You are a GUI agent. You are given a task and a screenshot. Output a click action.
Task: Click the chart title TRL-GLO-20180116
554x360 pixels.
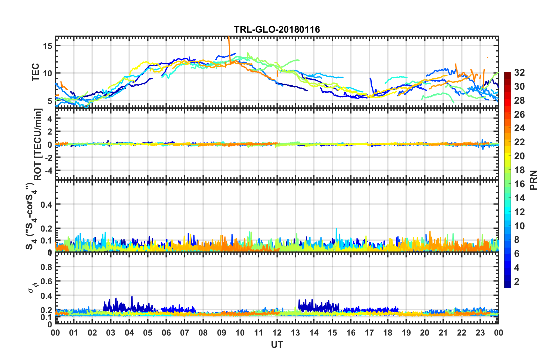coord(277,29)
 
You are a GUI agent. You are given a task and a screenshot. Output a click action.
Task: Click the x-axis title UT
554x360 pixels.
coord(277,345)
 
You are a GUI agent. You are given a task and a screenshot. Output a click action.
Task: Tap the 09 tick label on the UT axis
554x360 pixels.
coord(221,333)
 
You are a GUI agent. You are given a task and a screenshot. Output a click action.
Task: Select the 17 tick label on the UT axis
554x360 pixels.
coord(369,333)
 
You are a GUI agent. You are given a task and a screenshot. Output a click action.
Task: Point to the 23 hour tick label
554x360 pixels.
coord(480,333)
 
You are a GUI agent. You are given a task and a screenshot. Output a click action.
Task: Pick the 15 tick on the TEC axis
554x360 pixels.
coord(47,46)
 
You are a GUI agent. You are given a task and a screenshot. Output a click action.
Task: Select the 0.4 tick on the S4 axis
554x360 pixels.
coord(46,204)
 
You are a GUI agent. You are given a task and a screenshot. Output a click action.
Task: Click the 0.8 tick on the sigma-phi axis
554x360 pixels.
coord(46,267)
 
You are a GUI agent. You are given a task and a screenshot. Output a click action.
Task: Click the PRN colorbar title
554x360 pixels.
coord(533,180)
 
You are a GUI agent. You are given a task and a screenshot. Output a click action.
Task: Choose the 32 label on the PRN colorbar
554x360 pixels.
coord(519,73)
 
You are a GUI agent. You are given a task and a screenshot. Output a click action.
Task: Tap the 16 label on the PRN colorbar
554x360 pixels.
coord(519,184)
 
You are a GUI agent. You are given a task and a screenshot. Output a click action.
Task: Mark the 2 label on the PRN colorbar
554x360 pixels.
coord(517,282)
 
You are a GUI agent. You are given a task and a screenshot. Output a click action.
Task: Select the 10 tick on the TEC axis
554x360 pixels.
coord(47,73)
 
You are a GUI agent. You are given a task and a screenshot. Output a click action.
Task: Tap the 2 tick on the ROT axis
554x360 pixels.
coord(50,132)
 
